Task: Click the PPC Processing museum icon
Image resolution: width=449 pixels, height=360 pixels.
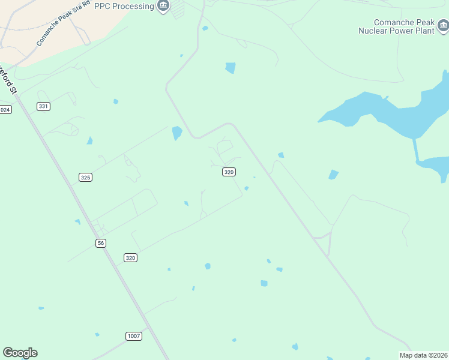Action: [x=163, y=6]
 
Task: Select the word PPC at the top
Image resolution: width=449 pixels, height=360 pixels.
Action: [x=102, y=6]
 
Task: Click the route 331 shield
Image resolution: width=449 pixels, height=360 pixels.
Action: [x=43, y=106]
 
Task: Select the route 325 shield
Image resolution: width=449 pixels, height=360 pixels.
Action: [x=85, y=177]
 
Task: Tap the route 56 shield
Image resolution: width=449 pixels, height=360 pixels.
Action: [x=101, y=242]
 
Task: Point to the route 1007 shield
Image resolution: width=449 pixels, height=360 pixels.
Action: [x=134, y=336]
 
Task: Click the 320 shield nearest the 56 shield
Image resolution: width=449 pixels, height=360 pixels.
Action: [x=131, y=257]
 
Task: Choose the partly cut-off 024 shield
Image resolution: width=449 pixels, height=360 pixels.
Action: [x=5, y=109]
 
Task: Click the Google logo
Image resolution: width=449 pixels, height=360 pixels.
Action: [x=20, y=353]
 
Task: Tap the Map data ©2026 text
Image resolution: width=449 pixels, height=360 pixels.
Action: [x=423, y=355]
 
